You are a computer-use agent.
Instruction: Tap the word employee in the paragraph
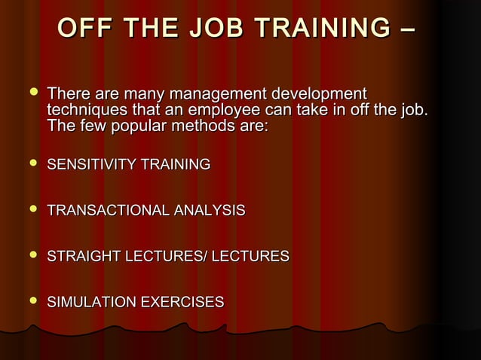point(240,111)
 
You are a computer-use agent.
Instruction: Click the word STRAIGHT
point(82,257)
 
